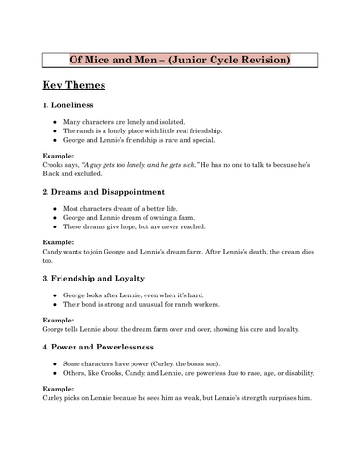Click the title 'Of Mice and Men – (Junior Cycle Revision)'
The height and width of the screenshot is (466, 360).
point(180,61)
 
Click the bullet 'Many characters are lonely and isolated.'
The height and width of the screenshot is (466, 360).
point(136,122)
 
